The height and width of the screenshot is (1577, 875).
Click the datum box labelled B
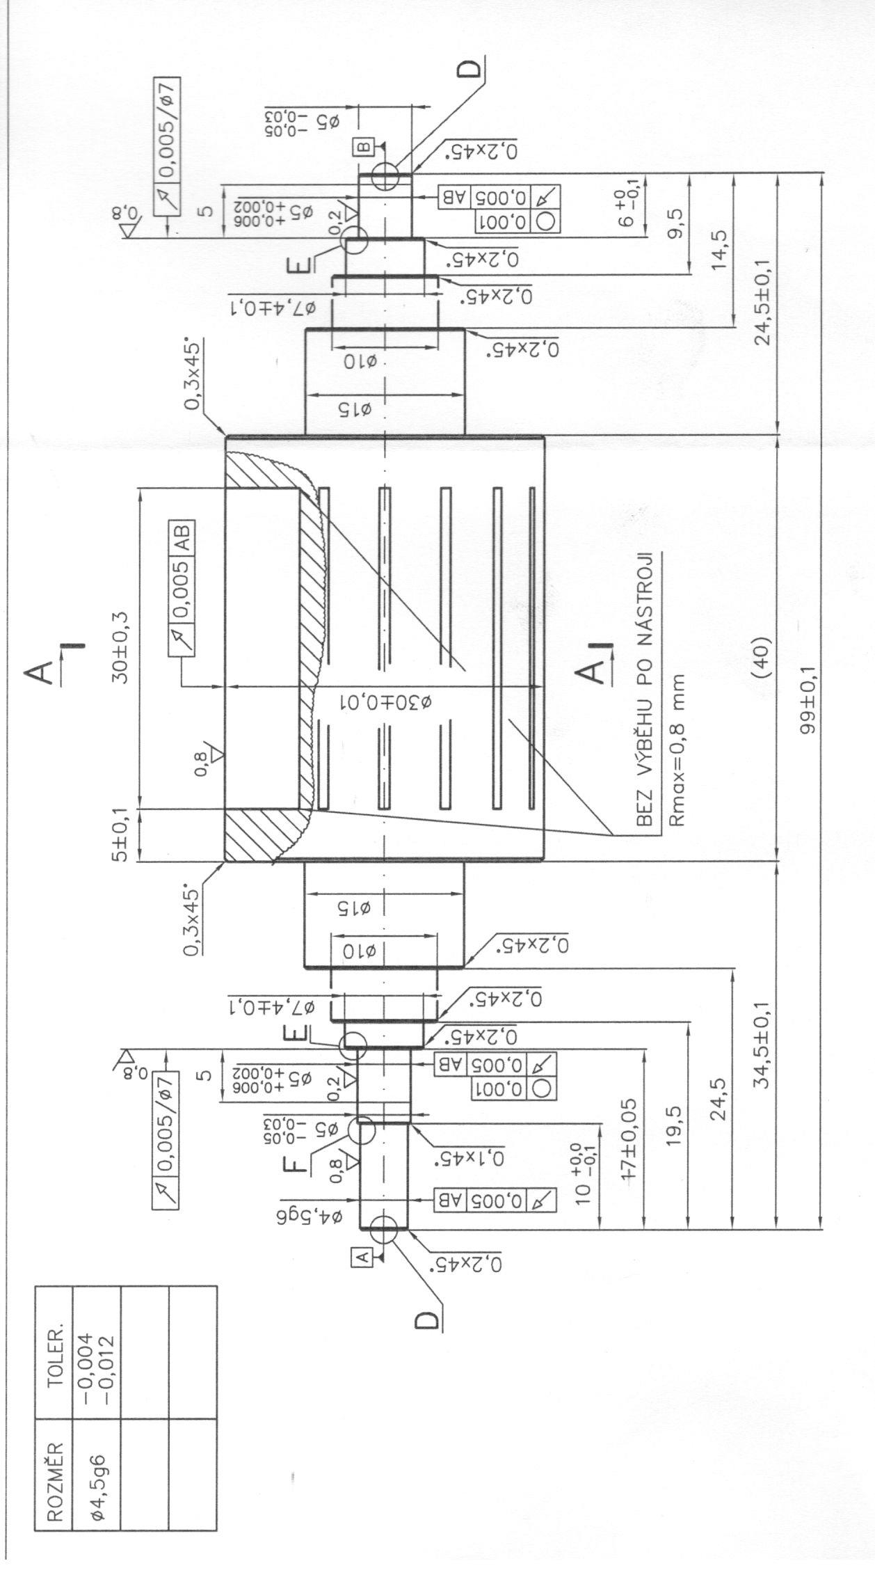coord(364,147)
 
